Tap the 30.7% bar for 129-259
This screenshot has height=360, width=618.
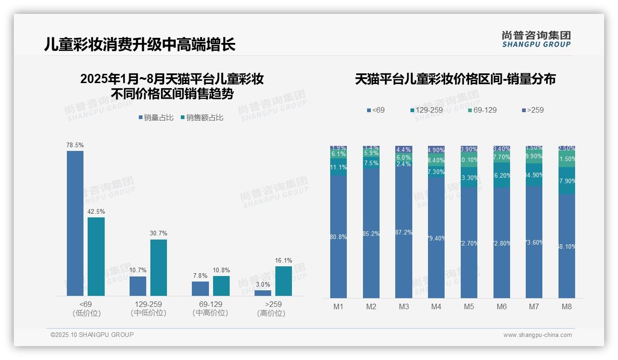159,267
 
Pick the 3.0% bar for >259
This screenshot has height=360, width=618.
263,293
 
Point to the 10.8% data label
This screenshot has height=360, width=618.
221,270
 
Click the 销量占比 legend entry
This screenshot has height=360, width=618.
156,118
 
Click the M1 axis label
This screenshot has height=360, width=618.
338,306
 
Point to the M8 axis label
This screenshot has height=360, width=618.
567,306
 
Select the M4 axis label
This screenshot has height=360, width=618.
436,306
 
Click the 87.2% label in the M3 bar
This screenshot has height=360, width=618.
404,232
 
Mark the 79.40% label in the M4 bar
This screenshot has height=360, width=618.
436,238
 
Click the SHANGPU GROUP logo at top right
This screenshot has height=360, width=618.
536,39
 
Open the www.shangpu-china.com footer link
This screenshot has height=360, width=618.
537,335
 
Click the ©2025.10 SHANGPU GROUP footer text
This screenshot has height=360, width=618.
92,335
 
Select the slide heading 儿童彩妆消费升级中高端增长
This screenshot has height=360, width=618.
140,44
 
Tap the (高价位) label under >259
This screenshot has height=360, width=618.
271,313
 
